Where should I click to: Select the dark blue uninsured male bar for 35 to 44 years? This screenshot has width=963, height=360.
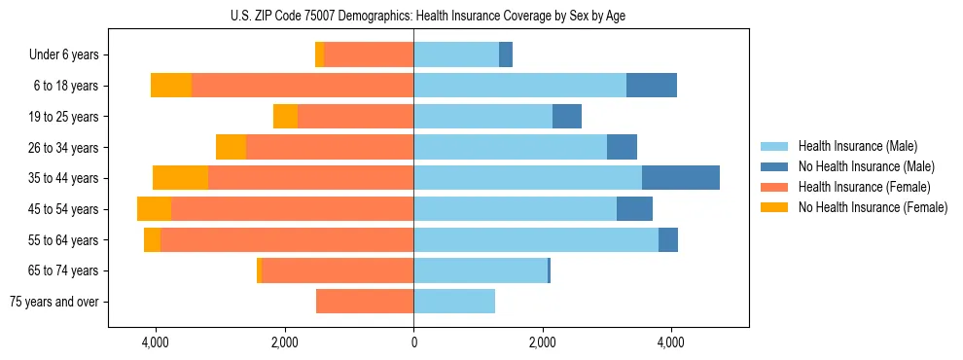(681, 178)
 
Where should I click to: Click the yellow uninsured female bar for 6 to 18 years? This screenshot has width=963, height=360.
(171, 86)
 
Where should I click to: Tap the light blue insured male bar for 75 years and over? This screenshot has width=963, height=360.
(454, 302)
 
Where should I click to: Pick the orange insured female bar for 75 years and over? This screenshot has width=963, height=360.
(365, 302)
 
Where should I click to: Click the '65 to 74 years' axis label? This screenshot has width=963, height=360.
(61, 270)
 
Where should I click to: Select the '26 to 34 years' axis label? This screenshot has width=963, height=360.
(61, 148)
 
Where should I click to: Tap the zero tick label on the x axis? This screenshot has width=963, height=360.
(413, 342)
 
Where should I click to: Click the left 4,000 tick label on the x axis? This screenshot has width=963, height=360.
(156, 342)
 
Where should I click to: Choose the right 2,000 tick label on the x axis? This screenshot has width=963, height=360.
(543, 342)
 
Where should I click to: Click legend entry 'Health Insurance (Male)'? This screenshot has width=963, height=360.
(857, 146)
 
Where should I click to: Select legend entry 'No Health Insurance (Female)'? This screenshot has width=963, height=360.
(872, 207)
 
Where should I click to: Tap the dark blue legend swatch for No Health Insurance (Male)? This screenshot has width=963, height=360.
(774, 166)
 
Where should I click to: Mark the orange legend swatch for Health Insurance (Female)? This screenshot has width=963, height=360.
(774, 187)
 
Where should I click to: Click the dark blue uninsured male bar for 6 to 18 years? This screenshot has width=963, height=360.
(652, 86)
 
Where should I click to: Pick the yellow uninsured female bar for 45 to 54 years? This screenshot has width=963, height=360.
(154, 209)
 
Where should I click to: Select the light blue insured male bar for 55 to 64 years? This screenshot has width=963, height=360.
(536, 240)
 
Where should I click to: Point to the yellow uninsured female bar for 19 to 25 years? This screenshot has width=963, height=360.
(285, 117)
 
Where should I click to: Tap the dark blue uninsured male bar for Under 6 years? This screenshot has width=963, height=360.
(506, 55)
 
